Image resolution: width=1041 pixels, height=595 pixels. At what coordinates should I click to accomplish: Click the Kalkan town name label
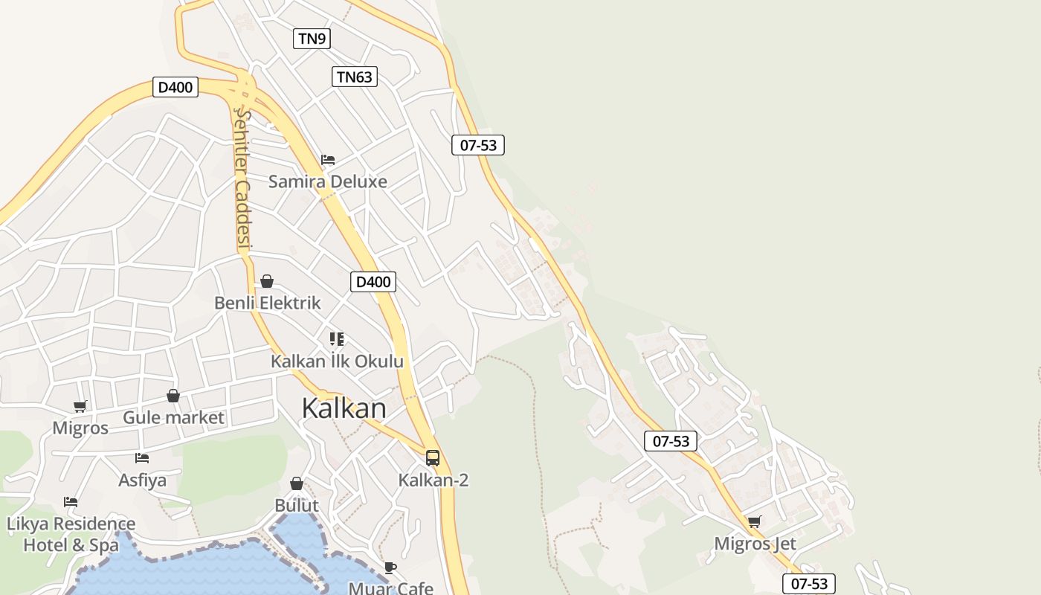click(344, 408)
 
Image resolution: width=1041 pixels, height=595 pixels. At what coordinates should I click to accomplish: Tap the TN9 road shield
click(312, 39)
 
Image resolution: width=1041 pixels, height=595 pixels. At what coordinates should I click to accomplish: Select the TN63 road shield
click(354, 77)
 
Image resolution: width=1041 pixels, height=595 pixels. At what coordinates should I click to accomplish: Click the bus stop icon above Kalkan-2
click(433, 458)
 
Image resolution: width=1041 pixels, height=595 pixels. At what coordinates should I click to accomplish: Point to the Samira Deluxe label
click(327, 181)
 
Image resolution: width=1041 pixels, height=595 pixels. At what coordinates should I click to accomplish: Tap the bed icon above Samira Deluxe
click(328, 160)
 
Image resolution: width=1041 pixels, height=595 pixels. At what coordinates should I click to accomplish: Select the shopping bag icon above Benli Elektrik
click(267, 281)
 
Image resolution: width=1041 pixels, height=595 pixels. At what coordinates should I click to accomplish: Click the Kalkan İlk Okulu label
click(337, 361)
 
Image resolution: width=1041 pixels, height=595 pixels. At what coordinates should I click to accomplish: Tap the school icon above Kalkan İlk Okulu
click(337, 339)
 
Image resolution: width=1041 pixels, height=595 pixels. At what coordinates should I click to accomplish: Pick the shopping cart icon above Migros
click(80, 406)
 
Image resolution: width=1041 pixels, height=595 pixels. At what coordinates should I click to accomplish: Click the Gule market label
click(173, 417)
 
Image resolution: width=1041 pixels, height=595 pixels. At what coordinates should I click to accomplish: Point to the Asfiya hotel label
click(142, 480)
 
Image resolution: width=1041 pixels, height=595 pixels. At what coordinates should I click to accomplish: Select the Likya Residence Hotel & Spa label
click(71, 534)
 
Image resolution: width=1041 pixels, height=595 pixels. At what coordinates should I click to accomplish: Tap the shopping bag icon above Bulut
click(297, 484)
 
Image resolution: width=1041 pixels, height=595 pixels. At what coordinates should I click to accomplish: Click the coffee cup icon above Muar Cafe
click(390, 568)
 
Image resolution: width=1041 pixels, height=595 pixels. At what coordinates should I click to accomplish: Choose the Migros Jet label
click(755, 544)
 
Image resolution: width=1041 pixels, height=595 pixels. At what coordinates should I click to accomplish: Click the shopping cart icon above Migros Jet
click(755, 522)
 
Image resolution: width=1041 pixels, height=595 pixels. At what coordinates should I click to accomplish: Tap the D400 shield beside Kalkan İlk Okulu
click(373, 282)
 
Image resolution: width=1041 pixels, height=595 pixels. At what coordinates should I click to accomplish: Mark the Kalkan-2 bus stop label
click(434, 480)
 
